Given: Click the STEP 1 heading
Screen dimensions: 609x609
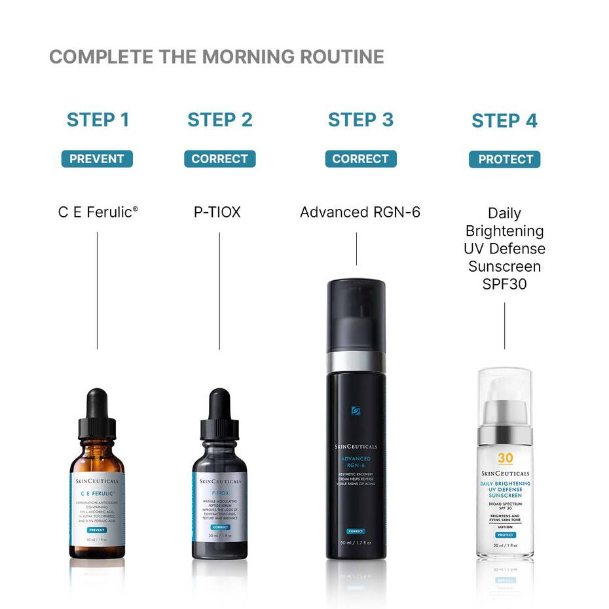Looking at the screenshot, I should (x=98, y=120).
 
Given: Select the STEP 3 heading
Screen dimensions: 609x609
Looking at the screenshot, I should (x=361, y=120).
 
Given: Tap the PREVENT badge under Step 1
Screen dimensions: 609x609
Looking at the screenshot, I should (x=97, y=158).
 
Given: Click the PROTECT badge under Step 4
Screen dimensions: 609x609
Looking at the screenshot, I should (x=505, y=159).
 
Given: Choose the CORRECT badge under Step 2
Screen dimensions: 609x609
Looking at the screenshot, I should (x=220, y=158).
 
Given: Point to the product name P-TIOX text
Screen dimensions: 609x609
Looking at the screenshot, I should (x=217, y=212).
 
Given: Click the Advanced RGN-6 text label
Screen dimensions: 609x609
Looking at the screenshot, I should (x=360, y=212).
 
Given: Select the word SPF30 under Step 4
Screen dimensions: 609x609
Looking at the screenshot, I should (x=504, y=285).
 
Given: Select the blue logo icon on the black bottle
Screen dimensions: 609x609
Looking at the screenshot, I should (x=356, y=411).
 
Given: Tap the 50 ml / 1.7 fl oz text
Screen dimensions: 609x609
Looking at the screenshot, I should (x=356, y=543).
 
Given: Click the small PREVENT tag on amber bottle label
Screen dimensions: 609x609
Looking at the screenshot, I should (x=97, y=529).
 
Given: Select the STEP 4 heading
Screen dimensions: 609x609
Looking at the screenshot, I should (x=504, y=121).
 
